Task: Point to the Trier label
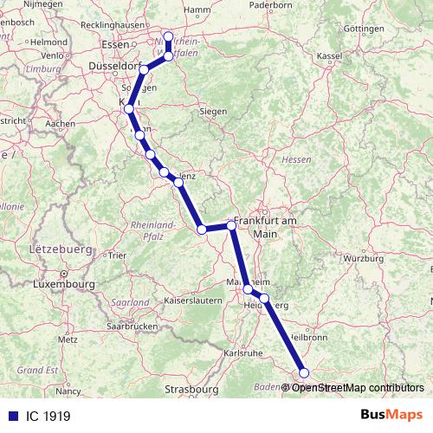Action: pos(117,255)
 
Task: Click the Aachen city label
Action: pos(61,124)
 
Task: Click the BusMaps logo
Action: pos(391,416)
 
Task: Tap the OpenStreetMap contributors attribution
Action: pos(357,388)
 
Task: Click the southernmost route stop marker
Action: pos(303,372)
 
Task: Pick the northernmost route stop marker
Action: pos(169,36)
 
